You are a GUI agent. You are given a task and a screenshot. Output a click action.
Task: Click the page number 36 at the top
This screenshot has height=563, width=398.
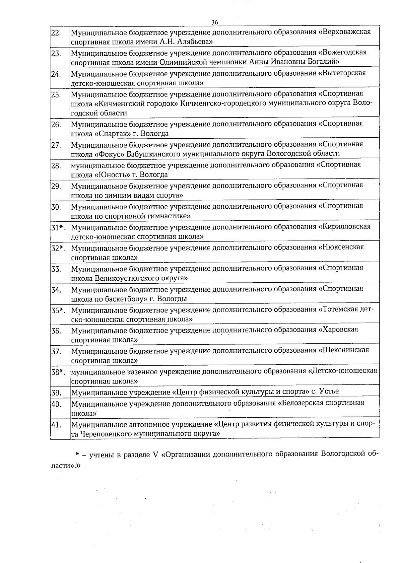pos(215,22)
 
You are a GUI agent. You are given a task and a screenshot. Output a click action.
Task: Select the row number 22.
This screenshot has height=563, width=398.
pos(56,33)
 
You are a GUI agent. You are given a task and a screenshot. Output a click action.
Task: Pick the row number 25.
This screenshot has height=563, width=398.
pos(56,95)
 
